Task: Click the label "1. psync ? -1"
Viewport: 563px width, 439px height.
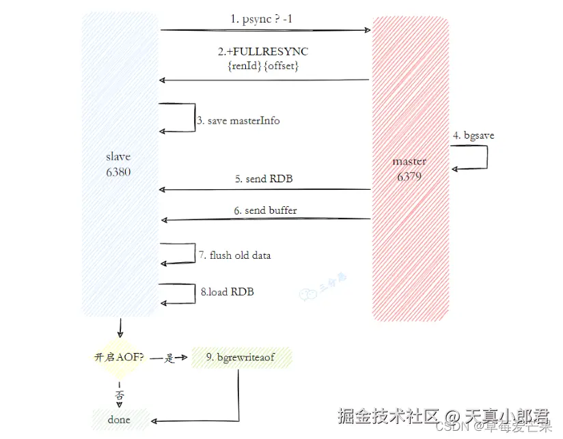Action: coord(261,20)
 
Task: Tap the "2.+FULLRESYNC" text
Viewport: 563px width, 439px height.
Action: coord(264,52)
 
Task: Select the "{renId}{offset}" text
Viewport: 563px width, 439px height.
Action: coord(264,66)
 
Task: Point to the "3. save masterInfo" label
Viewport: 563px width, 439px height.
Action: coord(238,121)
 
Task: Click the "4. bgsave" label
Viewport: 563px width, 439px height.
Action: coord(473,136)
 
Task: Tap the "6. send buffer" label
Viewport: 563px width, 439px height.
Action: coord(265,210)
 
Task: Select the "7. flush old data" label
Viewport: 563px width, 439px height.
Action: coord(234,255)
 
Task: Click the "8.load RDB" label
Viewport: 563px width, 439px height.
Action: coord(228,292)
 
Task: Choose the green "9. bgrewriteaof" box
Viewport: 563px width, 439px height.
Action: coord(242,357)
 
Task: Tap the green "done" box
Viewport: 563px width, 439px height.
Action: coord(119,419)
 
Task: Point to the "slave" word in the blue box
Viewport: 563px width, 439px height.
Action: coord(118,157)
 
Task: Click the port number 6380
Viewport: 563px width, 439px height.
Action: coord(118,172)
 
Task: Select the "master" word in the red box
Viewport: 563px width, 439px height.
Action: coord(410,162)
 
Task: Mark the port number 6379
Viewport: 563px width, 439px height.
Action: coord(410,177)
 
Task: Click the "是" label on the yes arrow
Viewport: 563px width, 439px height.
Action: coord(169,358)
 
